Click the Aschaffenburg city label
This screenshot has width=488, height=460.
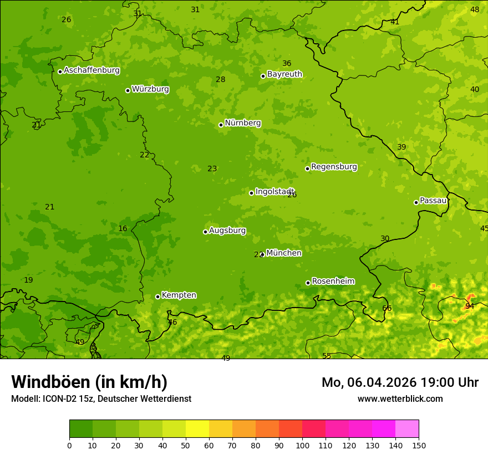91,70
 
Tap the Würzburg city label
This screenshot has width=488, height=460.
150,89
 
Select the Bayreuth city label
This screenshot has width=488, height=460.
284,74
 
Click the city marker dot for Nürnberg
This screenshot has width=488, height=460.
221,125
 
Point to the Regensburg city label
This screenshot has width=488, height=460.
334,167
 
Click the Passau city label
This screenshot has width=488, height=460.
433,201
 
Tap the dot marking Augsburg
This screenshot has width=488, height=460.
205,232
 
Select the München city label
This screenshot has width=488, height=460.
284,253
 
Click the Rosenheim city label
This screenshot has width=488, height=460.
333,282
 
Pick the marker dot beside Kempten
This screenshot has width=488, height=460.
157,297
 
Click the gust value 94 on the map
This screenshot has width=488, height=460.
470,306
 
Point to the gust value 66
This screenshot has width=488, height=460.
387,308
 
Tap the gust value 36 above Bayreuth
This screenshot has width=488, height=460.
287,63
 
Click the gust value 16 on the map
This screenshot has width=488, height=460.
123,228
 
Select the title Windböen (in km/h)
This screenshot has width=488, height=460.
89,382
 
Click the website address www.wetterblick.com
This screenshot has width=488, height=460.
400,398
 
